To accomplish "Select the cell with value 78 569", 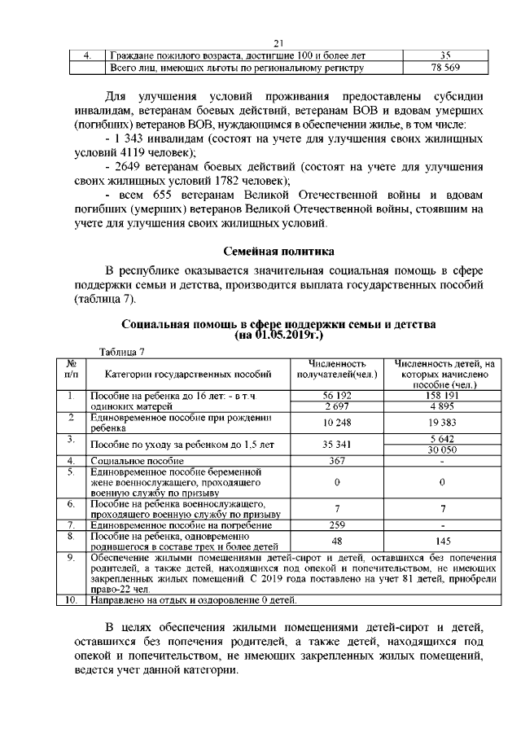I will click(444, 68).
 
